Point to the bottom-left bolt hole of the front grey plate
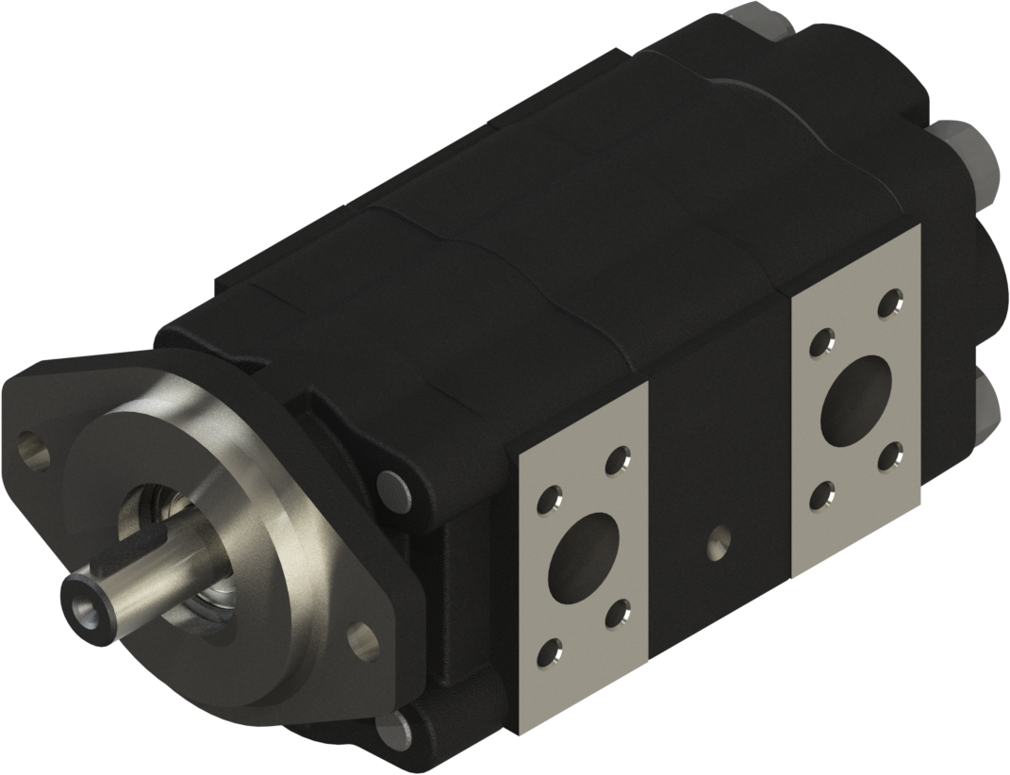click(550, 652)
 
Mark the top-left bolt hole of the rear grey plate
click(822, 342)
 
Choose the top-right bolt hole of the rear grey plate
click(887, 305)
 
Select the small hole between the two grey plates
click(719, 539)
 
